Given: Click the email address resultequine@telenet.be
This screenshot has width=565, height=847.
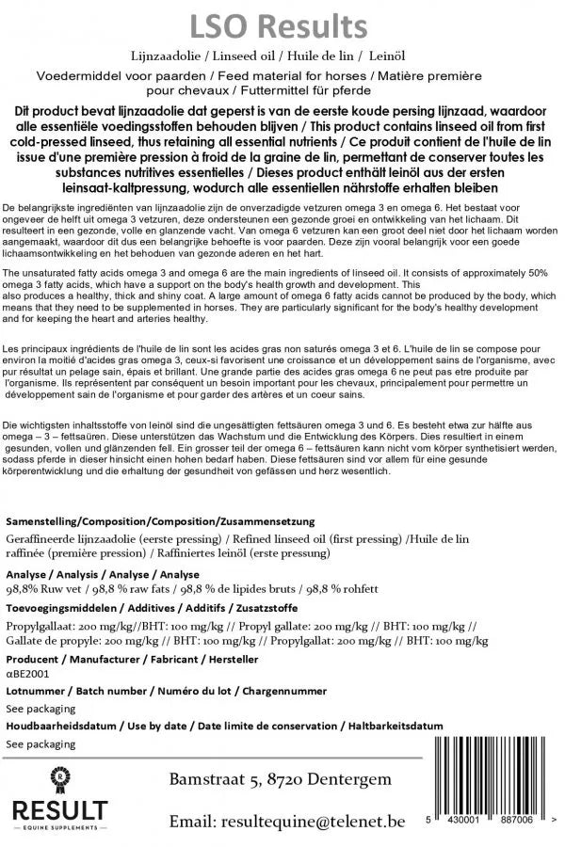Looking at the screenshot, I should coord(287,822).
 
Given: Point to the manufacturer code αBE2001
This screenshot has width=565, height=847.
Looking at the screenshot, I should coord(28,674).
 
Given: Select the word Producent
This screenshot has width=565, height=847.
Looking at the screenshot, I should coord(32,660).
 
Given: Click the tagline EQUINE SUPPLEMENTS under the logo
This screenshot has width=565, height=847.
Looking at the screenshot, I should coord(59,827).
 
